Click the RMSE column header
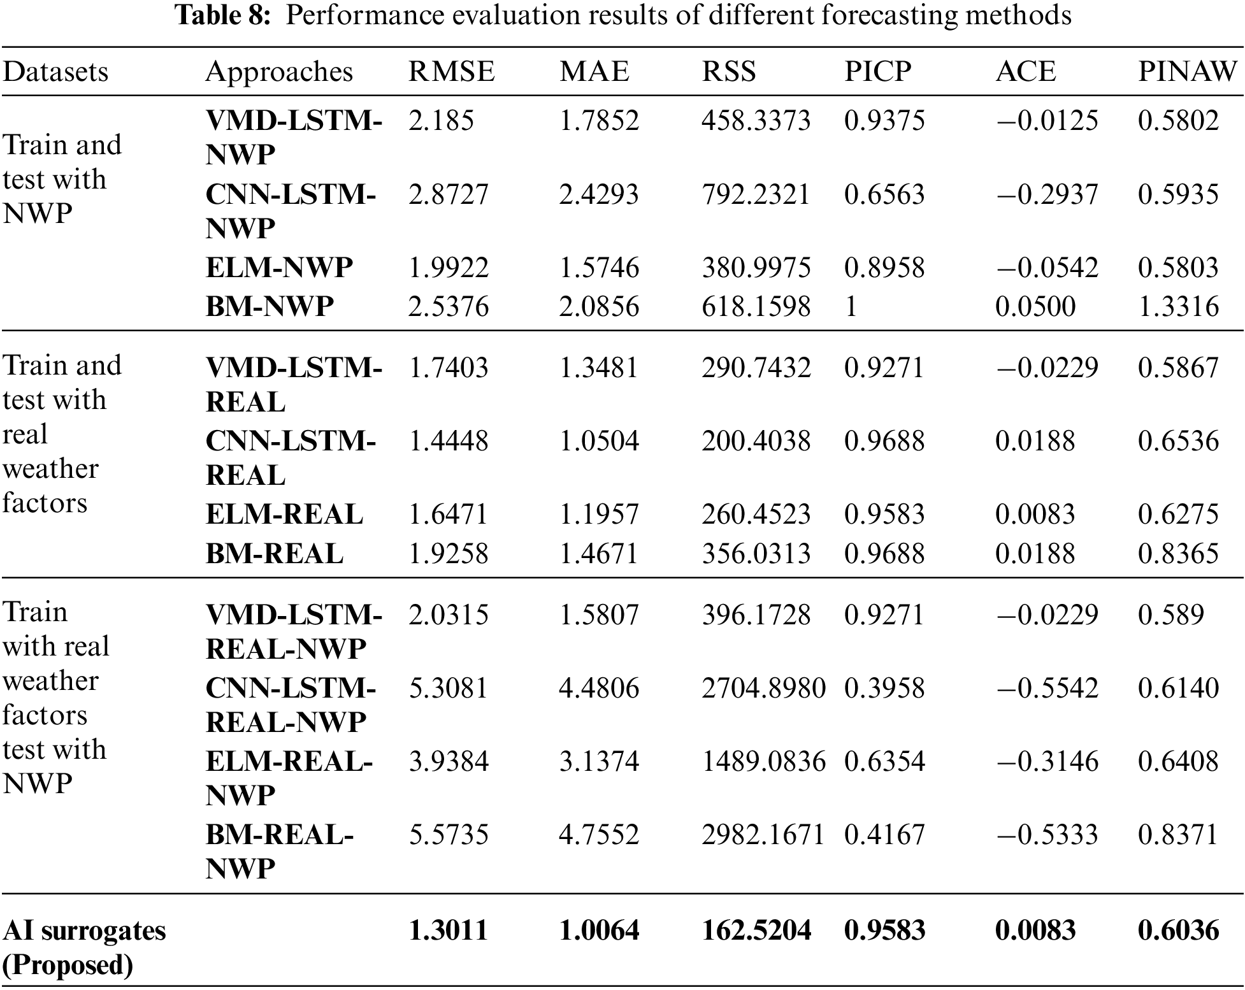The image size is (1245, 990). click(451, 71)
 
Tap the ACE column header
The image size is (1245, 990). click(1025, 71)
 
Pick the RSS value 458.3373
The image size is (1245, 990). click(756, 120)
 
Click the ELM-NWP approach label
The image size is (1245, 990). click(279, 268)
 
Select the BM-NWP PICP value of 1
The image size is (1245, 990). click(851, 307)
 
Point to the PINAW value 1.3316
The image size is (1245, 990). click(1178, 307)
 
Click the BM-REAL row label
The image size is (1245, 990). click(275, 554)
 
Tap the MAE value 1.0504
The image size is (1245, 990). click(598, 441)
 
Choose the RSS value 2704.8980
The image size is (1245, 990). click(763, 688)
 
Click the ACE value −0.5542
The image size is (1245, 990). click(1047, 688)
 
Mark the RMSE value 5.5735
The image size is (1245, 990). click(449, 835)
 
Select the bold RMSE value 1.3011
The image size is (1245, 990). click(449, 931)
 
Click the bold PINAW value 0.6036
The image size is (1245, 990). click(1178, 931)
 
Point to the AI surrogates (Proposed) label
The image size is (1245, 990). click(84, 948)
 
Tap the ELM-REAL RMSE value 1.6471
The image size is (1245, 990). click(449, 515)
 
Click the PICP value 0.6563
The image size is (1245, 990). click(884, 194)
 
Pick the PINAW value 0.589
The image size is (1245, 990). click(1171, 615)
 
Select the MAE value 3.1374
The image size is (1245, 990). click(598, 761)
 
